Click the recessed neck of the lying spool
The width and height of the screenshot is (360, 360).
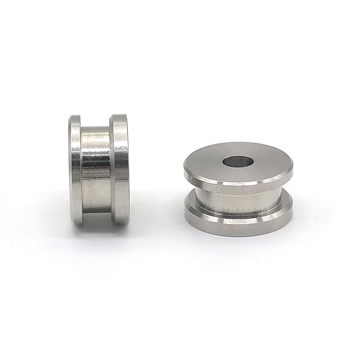coord(238,203)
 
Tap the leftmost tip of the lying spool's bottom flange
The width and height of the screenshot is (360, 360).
coord(185,212)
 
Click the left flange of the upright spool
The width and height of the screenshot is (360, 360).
coord(76,169)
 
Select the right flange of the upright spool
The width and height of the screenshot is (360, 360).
coord(120,169)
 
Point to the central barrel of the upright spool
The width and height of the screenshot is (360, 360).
coord(96,169)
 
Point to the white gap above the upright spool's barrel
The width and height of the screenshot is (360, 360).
coord(95,121)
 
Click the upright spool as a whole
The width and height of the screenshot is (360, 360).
coord(99,169)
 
